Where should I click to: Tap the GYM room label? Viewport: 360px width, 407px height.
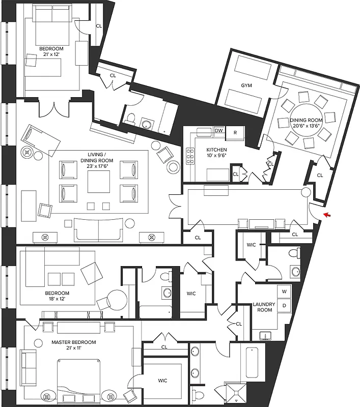(247, 86)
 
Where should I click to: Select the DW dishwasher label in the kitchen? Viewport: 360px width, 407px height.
(219, 131)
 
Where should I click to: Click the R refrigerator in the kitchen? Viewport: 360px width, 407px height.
(235, 132)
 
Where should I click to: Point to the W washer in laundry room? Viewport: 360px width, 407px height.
(285, 292)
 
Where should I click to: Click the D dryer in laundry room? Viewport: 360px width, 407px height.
(285, 306)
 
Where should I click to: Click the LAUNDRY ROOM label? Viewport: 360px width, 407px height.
(264, 308)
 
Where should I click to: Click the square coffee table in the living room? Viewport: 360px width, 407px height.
(98, 182)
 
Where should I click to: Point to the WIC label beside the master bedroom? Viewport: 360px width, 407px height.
(162, 381)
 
